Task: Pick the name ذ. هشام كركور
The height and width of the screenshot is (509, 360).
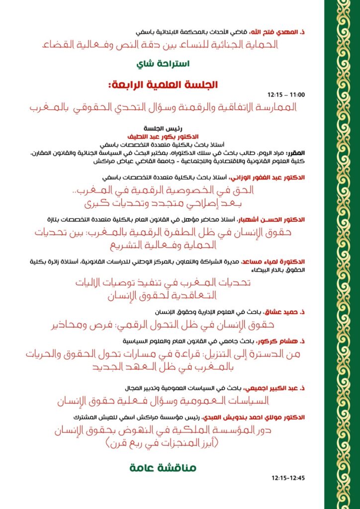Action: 285,342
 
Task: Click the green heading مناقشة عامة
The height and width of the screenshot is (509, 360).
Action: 163,468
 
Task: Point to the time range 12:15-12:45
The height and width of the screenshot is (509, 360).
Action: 288,478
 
